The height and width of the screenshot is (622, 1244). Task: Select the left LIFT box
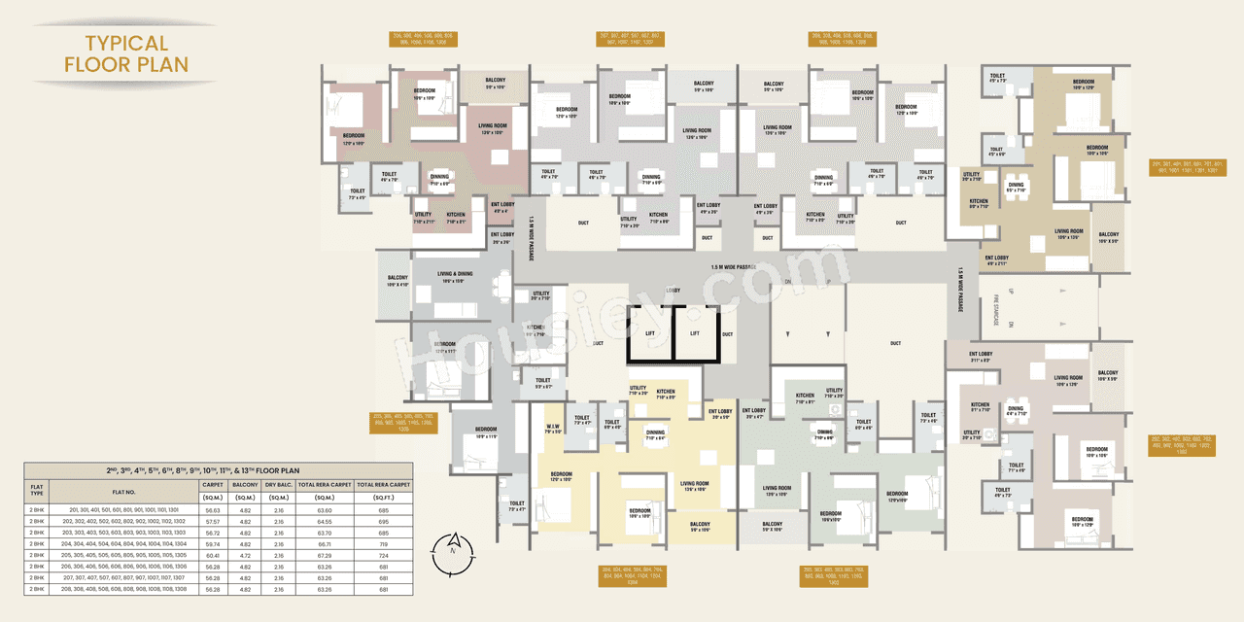(650, 333)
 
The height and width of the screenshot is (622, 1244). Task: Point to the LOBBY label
(672, 291)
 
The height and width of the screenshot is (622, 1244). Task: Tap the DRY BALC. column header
(278, 482)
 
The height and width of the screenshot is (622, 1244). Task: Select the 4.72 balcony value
(245, 555)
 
